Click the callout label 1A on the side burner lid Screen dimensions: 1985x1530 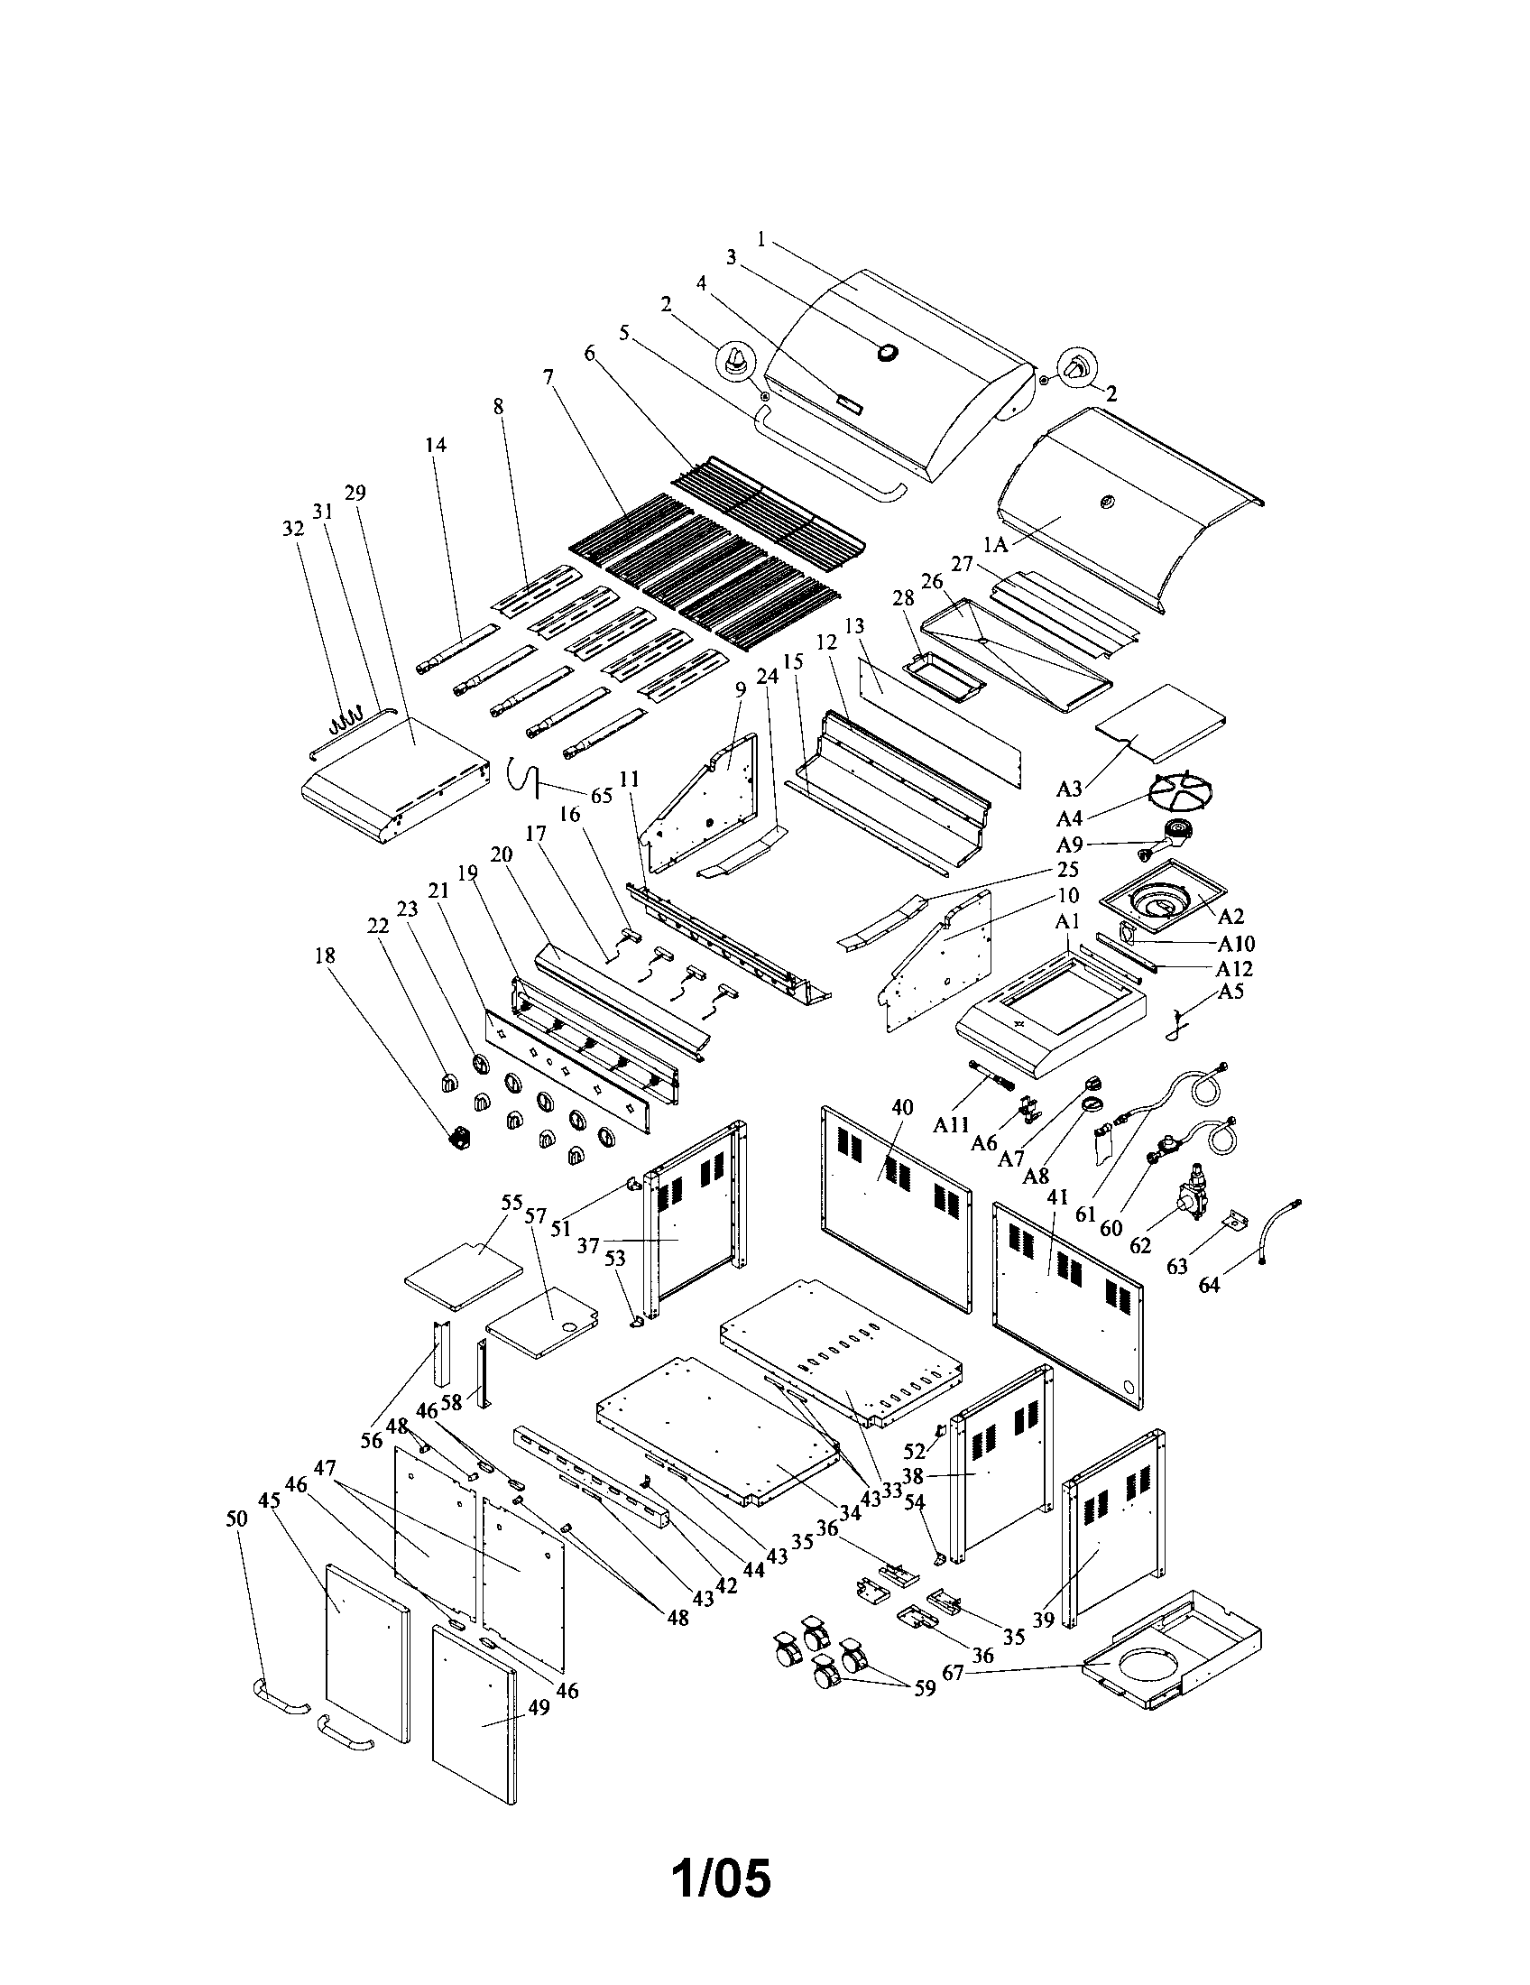[x=998, y=544]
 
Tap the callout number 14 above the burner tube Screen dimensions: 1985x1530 [x=436, y=445]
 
